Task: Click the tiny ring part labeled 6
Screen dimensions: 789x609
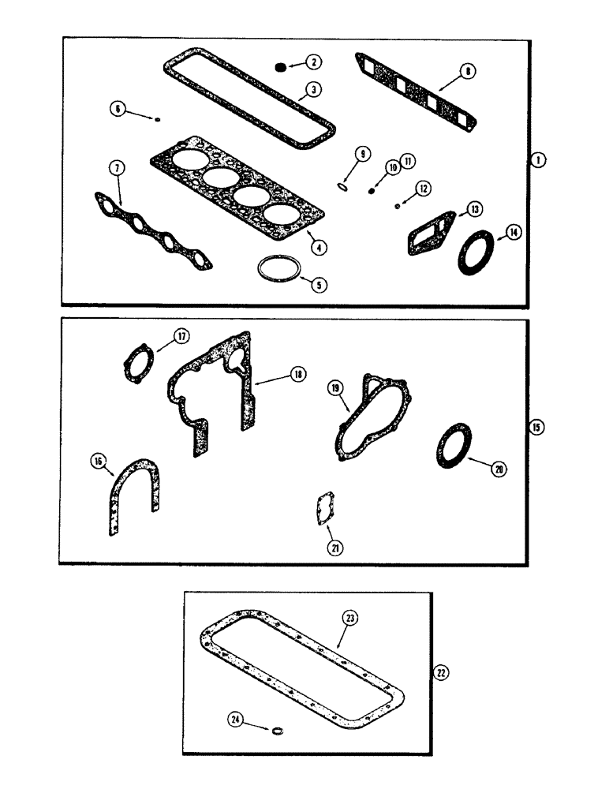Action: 158,119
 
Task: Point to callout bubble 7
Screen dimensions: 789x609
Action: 116,167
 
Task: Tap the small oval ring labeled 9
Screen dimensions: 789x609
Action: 342,186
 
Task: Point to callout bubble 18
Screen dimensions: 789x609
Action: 297,376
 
